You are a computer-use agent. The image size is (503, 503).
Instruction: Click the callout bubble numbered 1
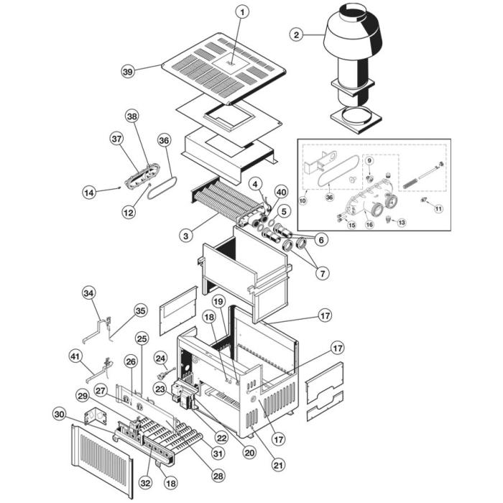242,12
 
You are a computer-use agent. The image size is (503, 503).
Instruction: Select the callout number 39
128,71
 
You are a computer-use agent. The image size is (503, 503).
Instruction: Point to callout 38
131,116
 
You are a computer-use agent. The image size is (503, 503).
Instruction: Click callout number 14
88,193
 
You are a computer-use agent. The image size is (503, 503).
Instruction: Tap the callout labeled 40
280,193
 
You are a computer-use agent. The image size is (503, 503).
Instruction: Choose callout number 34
88,293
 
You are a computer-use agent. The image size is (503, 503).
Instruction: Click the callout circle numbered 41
75,356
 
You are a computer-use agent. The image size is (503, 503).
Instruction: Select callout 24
161,356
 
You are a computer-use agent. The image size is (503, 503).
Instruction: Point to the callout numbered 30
60,414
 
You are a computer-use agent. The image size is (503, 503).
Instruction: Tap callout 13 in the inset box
401,223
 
